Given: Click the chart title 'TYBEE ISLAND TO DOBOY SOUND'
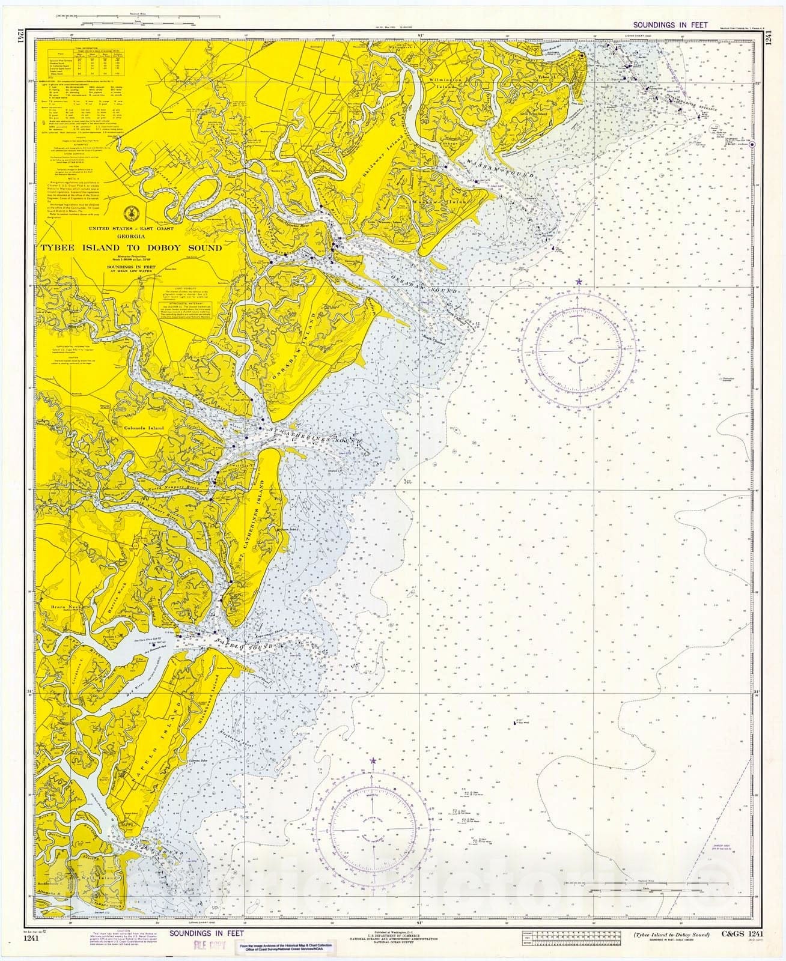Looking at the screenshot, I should point(131,247).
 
